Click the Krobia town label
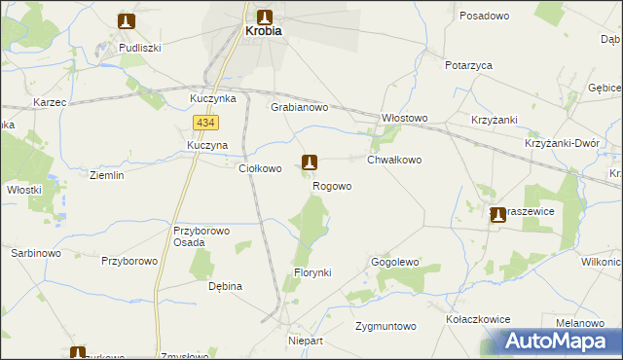pos(262,31)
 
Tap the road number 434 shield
pos(205,123)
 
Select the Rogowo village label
pos(332,186)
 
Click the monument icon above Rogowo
pos(310,162)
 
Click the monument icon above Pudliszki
pos(127,20)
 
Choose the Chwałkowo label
pos(394,160)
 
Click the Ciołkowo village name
pos(261,168)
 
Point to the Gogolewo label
pos(394,263)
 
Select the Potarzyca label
pos(468,65)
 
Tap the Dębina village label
pos(225,286)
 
